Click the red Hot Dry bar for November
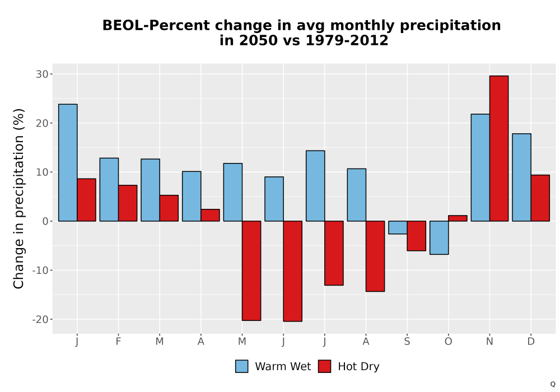pos(499,148)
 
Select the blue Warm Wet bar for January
pos(68,163)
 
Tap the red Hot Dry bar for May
pos(251,270)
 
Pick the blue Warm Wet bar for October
pos(439,238)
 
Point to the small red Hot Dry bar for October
pos(458,218)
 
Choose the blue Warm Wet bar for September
pos(398,227)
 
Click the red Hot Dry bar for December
pos(540,198)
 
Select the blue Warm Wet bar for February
pos(109,190)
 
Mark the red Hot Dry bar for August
pos(375,256)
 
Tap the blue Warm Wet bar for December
pos(522,178)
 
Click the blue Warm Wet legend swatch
pos(242,366)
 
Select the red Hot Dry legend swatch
pos(324,366)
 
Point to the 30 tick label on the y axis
pos(42,74)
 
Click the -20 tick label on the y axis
pos(40,320)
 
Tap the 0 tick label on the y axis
pos(45,221)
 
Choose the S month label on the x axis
pos(407,342)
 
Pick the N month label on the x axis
pos(489,342)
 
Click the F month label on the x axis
pos(118,342)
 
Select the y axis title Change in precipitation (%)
pos(18,198)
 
